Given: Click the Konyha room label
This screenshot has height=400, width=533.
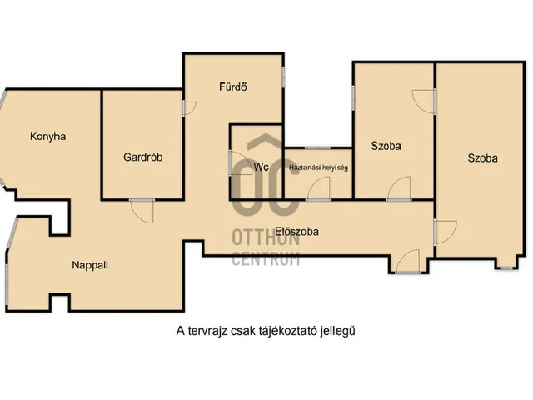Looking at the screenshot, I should coord(47,137).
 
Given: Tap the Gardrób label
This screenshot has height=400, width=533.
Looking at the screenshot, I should coord(142,157).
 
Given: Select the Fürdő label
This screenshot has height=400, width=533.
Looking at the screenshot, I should coord(234,87).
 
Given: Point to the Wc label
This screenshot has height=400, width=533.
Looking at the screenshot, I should coord(261,167).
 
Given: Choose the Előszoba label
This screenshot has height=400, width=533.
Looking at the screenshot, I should coord(298,232).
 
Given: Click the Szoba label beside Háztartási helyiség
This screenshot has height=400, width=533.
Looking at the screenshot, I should coord(386,145).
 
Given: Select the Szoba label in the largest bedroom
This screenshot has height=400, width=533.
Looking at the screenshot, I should coord(483,157).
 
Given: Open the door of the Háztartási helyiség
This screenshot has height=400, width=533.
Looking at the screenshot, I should coord(316,189).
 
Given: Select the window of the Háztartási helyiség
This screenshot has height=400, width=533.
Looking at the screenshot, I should coord(317,147).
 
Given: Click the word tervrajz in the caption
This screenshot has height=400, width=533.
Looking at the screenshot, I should coord(211,330).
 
